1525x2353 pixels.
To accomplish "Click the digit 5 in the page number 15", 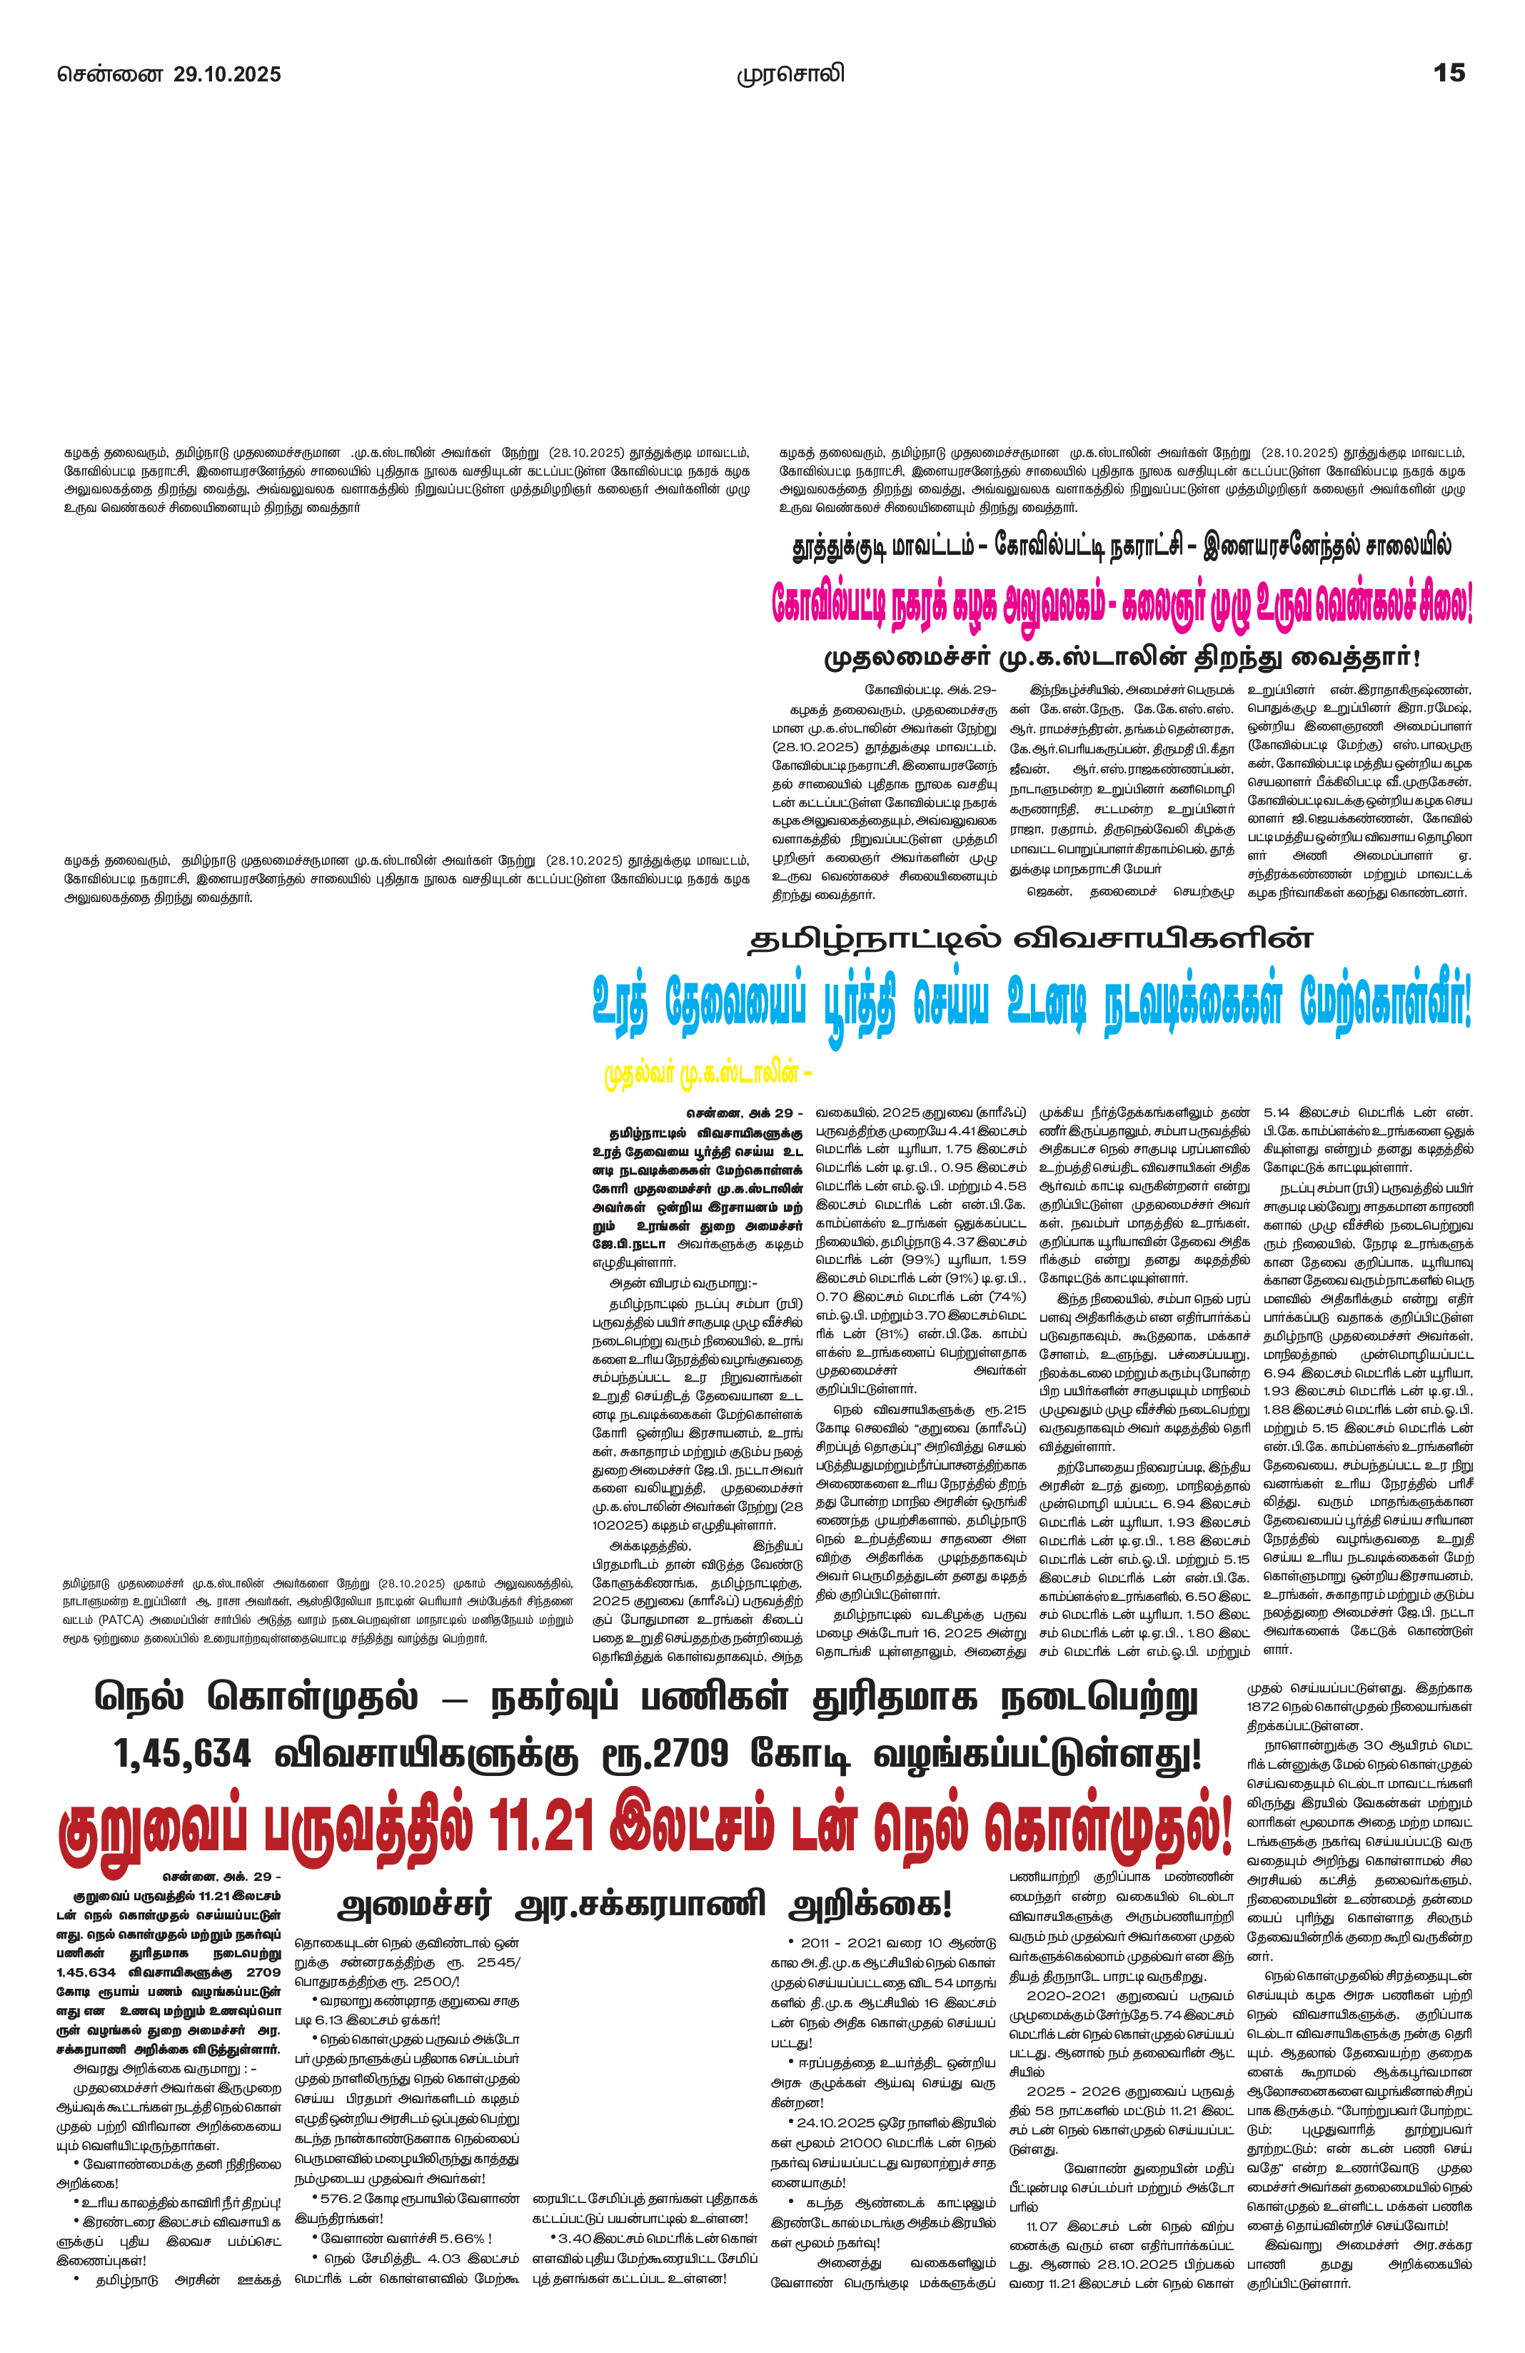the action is [x=1456, y=72].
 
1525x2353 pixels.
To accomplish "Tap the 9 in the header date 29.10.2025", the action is [x=196, y=74].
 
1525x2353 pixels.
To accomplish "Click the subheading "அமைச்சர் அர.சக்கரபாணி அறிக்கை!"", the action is [x=645, y=1903].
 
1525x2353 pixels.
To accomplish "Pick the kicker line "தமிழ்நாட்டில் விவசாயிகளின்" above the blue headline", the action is [x=1030, y=937].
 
